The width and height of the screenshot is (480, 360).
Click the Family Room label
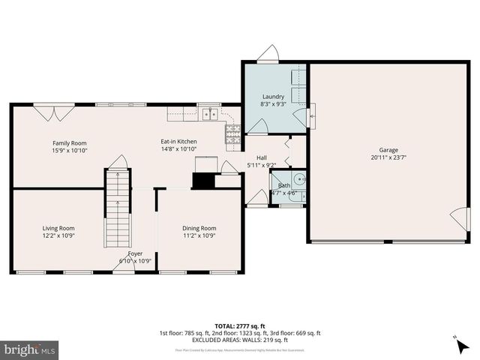coord(69,142)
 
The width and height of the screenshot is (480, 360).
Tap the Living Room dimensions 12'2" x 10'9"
coord(58,235)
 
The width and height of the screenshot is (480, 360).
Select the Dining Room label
coord(199,228)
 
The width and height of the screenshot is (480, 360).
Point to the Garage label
coord(388,150)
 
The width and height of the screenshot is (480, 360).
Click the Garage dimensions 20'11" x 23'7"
coord(388,157)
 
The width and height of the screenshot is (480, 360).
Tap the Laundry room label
coord(273,97)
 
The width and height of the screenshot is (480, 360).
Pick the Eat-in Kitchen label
coord(178,142)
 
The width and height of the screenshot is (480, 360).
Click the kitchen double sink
coord(208,115)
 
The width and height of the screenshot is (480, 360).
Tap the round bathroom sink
coord(298,179)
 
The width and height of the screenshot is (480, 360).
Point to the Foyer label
coord(135,253)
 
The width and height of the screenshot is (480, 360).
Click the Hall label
coord(262,157)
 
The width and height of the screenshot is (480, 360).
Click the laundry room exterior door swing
coord(268,53)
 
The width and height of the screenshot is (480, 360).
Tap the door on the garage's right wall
coord(457,219)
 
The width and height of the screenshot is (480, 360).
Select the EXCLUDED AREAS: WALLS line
coord(239,340)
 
